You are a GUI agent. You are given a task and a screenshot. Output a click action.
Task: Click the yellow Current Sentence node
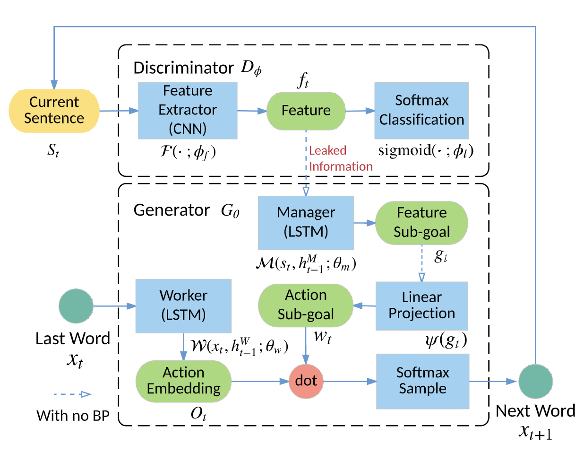click(54, 111)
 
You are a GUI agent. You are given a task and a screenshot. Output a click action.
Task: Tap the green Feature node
click(306, 111)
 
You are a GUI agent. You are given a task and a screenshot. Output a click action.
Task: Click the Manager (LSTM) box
click(306, 223)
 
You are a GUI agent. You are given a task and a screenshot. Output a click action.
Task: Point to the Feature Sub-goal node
click(421, 223)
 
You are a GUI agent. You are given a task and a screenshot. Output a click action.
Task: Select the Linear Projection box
click(421, 305)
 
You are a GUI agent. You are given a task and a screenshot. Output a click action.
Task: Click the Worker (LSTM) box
click(183, 305)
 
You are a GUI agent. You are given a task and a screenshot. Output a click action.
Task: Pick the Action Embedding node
click(183, 381)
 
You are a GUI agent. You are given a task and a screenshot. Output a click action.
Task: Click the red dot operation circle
click(306, 381)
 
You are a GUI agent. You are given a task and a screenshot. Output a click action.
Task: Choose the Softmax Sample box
click(422, 381)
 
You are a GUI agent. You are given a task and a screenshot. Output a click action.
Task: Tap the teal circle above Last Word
click(76, 306)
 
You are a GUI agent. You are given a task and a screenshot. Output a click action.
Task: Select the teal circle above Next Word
click(535, 381)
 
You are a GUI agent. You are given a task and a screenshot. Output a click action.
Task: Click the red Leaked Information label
click(340, 158)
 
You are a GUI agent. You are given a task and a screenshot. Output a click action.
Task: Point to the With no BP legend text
click(73, 416)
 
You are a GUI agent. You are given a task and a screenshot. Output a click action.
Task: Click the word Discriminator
click(183, 68)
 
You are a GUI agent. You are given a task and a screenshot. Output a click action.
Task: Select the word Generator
click(172, 210)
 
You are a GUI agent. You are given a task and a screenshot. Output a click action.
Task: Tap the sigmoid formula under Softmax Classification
click(426, 150)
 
